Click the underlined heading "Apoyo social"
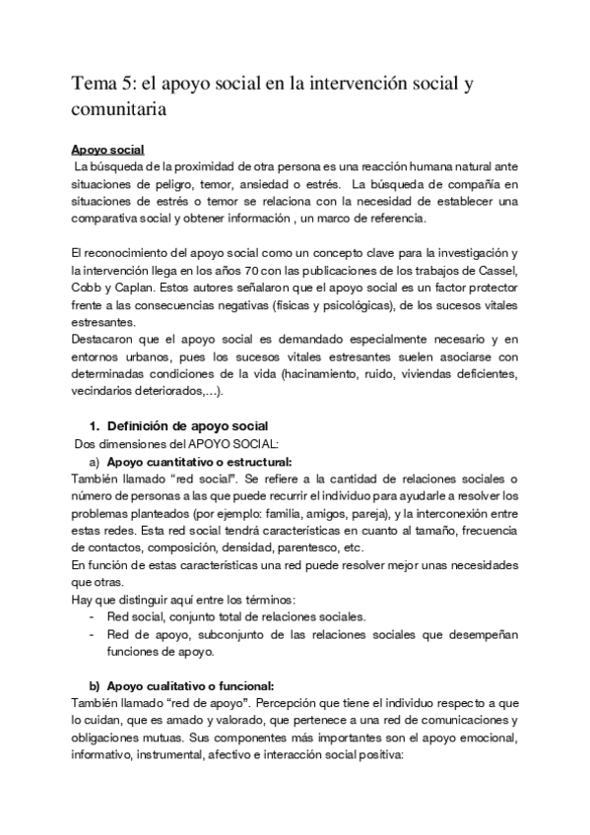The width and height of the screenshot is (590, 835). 108,150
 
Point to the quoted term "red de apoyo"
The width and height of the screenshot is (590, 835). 183,703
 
